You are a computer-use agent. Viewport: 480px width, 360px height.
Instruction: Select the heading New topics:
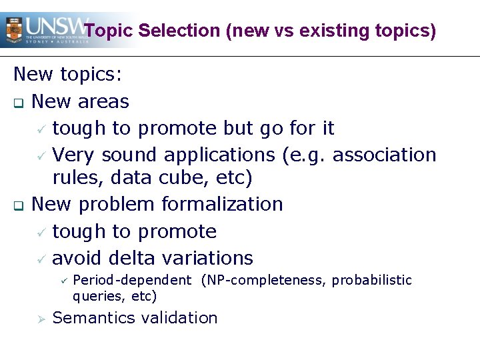pos(68,74)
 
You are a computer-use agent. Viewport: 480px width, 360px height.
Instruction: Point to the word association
pos(384,155)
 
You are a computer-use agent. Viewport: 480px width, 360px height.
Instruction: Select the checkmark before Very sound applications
pos(41,155)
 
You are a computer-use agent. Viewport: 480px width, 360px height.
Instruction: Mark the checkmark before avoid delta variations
pos(41,259)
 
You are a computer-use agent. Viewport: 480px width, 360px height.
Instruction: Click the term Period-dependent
pos(131,280)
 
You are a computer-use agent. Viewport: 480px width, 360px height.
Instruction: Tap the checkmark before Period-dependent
pos(63,281)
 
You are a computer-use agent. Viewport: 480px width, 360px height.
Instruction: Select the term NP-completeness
pos(262,280)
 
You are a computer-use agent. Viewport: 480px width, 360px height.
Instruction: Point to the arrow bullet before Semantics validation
pos(41,319)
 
